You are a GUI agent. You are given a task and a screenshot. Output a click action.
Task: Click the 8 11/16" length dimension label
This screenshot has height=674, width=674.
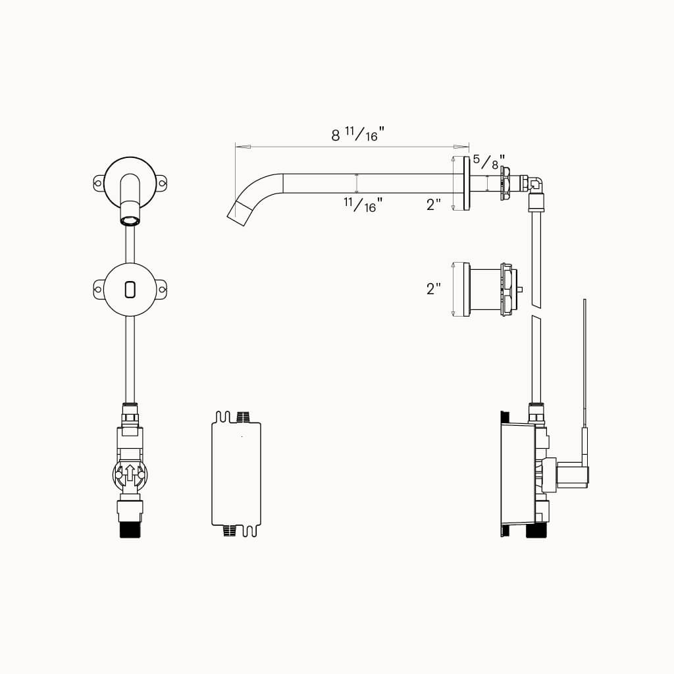tap(357, 135)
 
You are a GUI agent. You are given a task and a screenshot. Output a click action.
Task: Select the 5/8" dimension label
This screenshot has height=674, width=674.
tap(489, 161)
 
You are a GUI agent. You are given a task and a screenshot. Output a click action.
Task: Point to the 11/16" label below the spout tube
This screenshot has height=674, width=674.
tap(362, 205)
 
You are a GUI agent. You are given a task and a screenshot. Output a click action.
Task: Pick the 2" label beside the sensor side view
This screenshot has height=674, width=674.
tap(433, 288)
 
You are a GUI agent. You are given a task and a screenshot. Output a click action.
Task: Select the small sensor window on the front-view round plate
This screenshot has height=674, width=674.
tap(130, 288)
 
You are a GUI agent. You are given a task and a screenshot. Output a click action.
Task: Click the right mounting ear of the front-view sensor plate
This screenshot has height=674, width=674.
tap(161, 288)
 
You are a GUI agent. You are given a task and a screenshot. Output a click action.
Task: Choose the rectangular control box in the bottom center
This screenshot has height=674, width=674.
tap(236, 473)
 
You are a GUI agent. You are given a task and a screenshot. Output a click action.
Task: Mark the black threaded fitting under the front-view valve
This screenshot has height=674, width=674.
tap(130, 530)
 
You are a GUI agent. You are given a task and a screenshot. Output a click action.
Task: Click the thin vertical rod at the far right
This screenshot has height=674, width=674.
tap(584, 362)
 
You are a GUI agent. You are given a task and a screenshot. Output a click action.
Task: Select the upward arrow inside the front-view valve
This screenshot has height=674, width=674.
tap(130, 473)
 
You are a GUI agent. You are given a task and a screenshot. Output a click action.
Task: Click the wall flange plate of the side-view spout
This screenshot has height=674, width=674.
tap(466, 184)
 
